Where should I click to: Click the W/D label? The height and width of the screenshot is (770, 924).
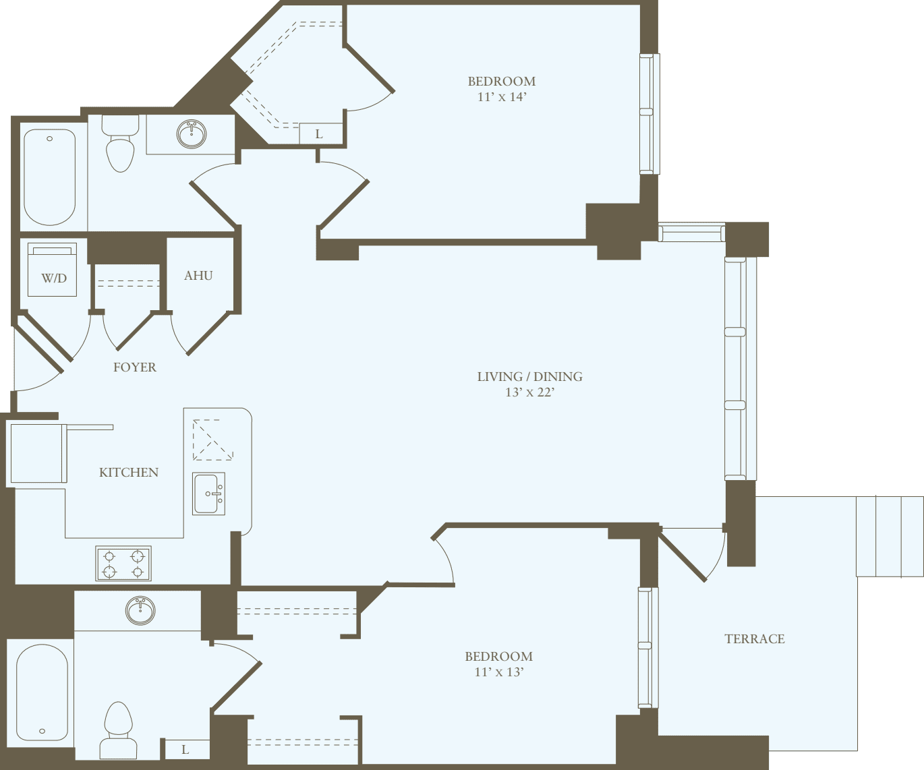click(x=54, y=278)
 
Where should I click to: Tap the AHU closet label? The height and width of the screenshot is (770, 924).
click(x=198, y=275)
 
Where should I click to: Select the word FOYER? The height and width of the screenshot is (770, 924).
click(x=135, y=367)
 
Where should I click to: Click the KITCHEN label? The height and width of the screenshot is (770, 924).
click(x=129, y=472)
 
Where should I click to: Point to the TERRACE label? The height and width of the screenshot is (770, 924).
click(x=755, y=639)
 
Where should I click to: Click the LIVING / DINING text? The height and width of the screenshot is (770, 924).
click(x=529, y=376)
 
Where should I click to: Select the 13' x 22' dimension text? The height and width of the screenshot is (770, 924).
click(x=529, y=392)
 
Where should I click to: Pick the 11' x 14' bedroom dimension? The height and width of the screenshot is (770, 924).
click(x=502, y=97)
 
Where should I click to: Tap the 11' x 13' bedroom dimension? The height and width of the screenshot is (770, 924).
click(x=498, y=672)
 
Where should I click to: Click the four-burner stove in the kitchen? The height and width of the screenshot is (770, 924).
click(x=123, y=564)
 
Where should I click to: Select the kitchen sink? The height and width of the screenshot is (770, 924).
click(x=208, y=494)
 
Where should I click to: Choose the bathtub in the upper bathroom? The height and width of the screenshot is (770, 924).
click(x=49, y=177)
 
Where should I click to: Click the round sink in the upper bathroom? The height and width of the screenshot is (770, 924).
click(x=192, y=134)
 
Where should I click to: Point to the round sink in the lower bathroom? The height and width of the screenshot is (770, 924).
click(x=140, y=610)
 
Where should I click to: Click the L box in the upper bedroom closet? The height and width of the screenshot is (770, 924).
click(x=320, y=134)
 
